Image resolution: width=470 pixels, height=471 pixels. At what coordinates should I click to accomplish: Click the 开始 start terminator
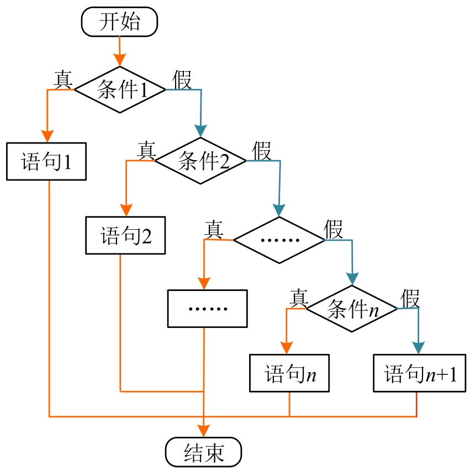tap(119, 22)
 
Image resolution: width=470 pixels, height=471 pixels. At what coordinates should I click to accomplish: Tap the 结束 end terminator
tap(203, 452)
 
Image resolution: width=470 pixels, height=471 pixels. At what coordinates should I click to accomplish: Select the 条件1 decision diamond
tap(120, 89)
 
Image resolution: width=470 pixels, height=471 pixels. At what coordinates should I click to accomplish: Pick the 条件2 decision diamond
tap(200, 161)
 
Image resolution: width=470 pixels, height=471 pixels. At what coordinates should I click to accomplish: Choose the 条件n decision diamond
tap(352, 309)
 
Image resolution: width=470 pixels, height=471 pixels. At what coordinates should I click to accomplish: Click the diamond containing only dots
tap(279, 240)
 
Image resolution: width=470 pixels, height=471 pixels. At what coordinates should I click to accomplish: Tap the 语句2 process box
tap(126, 235)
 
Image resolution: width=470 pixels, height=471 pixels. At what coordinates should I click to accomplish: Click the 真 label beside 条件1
tap(63, 79)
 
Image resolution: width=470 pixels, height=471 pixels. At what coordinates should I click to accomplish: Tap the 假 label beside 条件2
tap(262, 150)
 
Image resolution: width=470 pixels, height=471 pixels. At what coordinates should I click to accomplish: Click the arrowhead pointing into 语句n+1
tap(418, 348)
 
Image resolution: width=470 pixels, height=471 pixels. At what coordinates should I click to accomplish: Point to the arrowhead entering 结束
tap(204, 431)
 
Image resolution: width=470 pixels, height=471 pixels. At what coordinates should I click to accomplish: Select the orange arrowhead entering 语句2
tap(126, 210)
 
